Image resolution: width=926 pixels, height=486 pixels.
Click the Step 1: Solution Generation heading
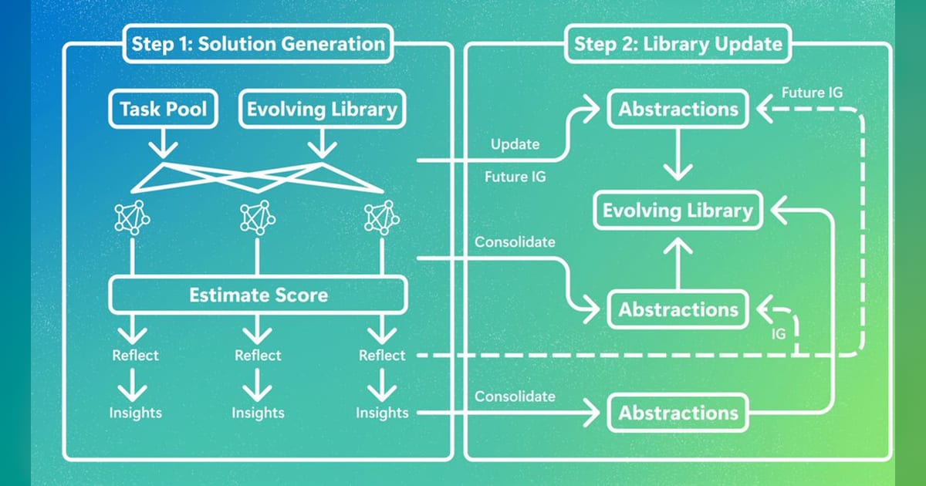pyautogui.click(x=258, y=44)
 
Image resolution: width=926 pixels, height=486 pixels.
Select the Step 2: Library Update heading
pyautogui.click(x=678, y=44)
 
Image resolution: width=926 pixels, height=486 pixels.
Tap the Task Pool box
pyautogui.click(x=164, y=109)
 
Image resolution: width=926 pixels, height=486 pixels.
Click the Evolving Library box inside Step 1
pyautogui.click(x=322, y=109)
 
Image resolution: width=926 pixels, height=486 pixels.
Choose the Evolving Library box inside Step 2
pyautogui.click(x=678, y=211)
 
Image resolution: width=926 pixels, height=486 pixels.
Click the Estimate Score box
pyautogui.click(x=259, y=295)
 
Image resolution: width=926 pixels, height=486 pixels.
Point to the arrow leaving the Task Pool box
pyautogui.click(x=164, y=143)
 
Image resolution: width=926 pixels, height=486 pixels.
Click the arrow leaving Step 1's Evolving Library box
pyautogui.click(x=322, y=143)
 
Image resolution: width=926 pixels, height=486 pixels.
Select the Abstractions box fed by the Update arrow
pyautogui.click(x=678, y=109)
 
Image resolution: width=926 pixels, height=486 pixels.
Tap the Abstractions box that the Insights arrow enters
pyautogui.click(x=678, y=413)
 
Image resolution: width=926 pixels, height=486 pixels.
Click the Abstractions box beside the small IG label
pyautogui.click(x=678, y=309)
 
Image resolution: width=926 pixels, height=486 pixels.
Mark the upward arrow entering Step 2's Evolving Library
pyautogui.click(x=678, y=264)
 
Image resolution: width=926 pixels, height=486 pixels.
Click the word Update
pyautogui.click(x=515, y=144)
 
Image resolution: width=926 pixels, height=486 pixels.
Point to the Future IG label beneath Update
pyautogui.click(x=515, y=177)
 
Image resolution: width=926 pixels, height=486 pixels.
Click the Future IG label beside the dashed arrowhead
pyautogui.click(x=812, y=93)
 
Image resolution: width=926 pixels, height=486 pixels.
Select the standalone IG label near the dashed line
pyautogui.click(x=779, y=334)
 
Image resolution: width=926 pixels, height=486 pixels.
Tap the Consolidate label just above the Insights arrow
pyautogui.click(x=515, y=397)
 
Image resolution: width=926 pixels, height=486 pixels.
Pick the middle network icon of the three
pyautogui.click(x=258, y=218)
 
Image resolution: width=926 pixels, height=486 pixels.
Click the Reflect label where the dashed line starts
pyautogui.click(x=382, y=356)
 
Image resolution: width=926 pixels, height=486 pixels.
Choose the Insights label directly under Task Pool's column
pyautogui.click(x=136, y=413)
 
